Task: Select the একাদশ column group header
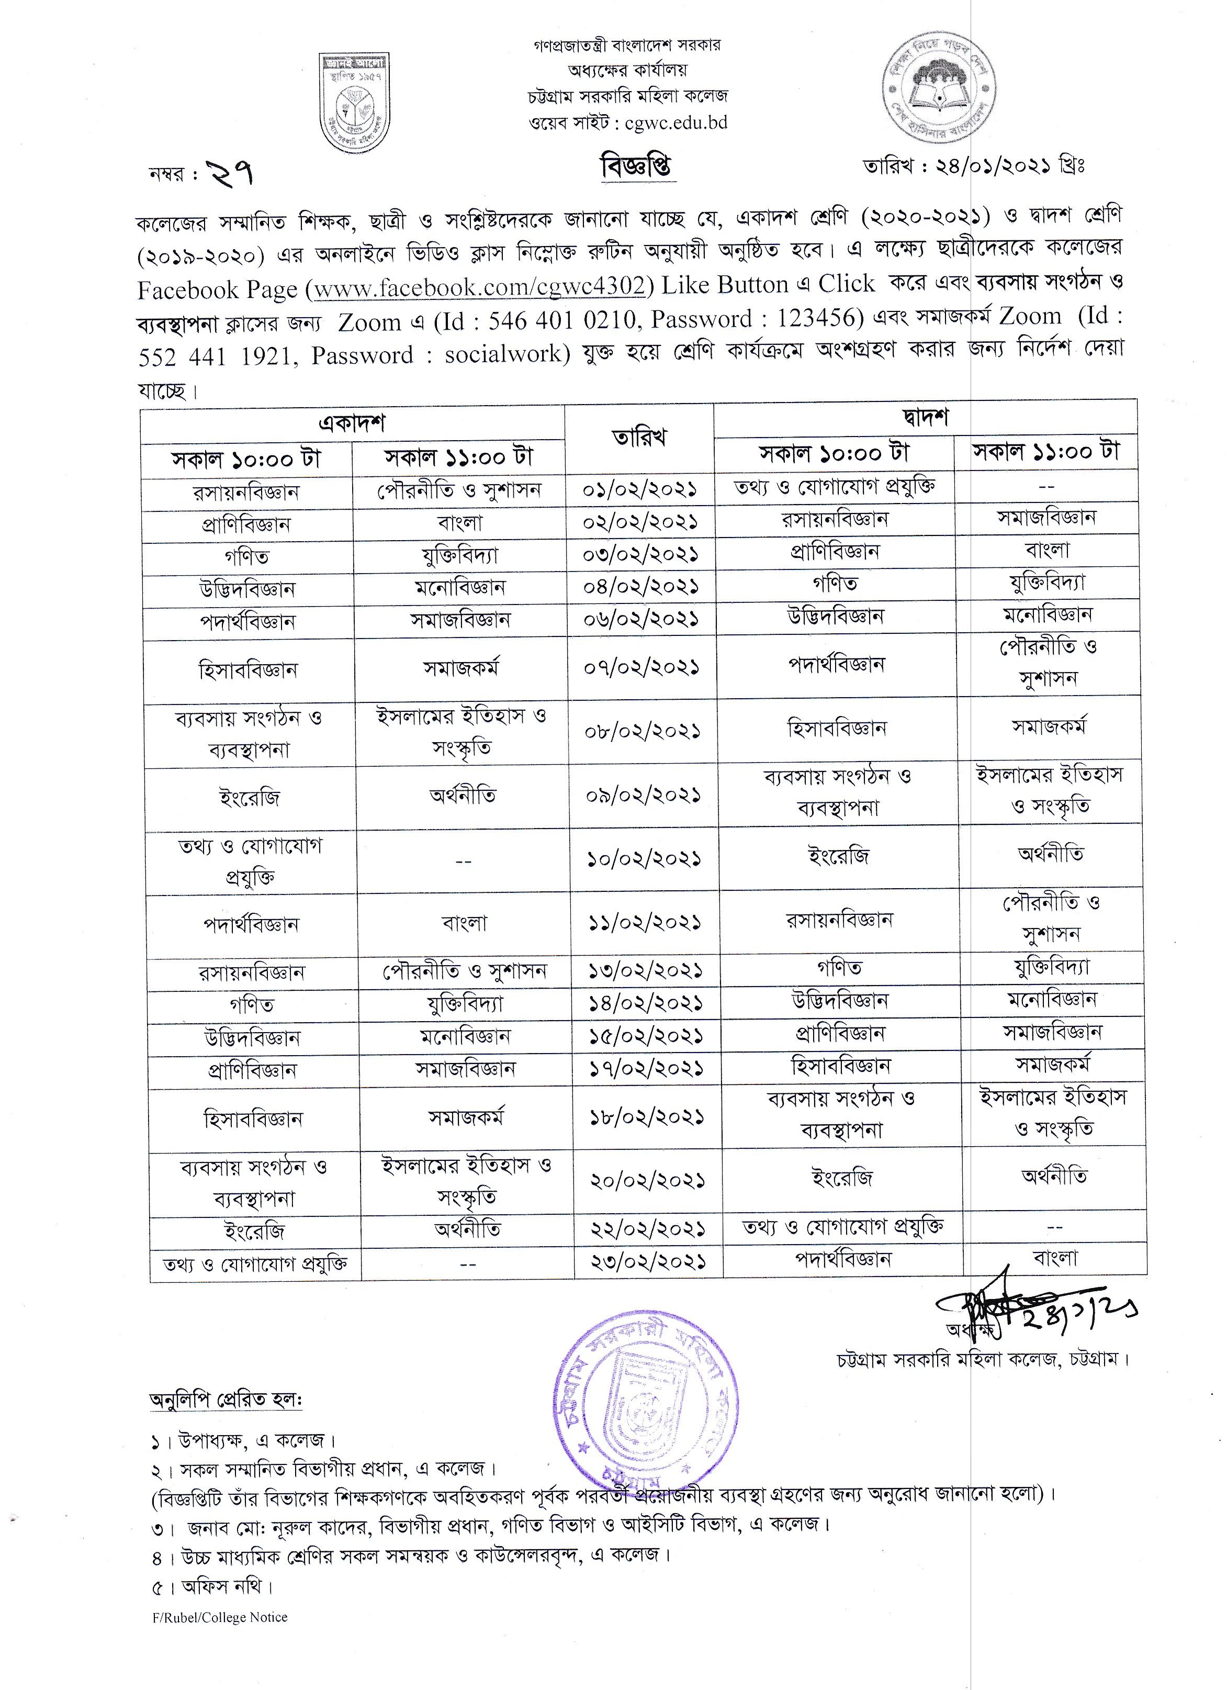coord(352,423)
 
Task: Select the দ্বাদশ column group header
coord(925,418)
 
